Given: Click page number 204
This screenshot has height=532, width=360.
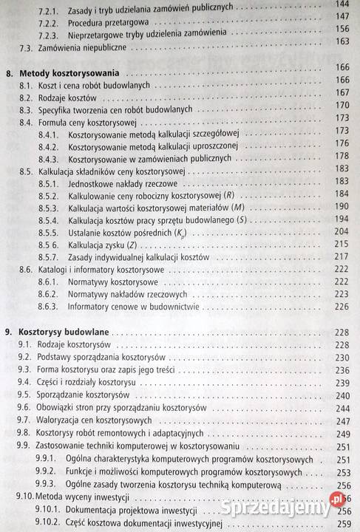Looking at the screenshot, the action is pyautogui.click(x=342, y=231).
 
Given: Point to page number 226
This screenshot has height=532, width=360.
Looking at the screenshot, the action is pyautogui.click(x=342, y=306).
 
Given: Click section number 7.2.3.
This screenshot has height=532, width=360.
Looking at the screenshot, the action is pyautogui.click(x=50, y=34).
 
